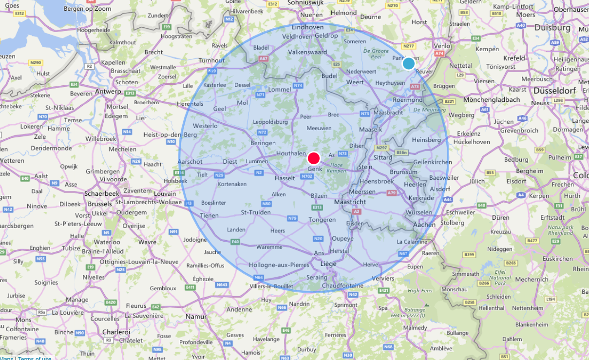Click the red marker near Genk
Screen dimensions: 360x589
pyautogui.click(x=314, y=158)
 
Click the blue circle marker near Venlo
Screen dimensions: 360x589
pyautogui.click(x=408, y=63)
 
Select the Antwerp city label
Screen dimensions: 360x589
pyautogui.click(x=108, y=92)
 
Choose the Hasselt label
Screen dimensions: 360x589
pyautogui.click(x=285, y=178)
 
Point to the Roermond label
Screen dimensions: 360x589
pyautogui.click(x=408, y=100)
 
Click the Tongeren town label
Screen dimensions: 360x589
pyautogui.click(x=322, y=220)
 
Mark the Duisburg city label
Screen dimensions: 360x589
pyautogui.click(x=552, y=28)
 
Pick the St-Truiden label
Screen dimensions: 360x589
pyautogui.click(x=256, y=212)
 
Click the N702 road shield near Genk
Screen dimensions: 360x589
pyautogui.click(x=307, y=176)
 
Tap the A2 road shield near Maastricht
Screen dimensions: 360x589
pyautogui.click(x=356, y=211)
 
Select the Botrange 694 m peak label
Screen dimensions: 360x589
pyautogui.click(x=415, y=312)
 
